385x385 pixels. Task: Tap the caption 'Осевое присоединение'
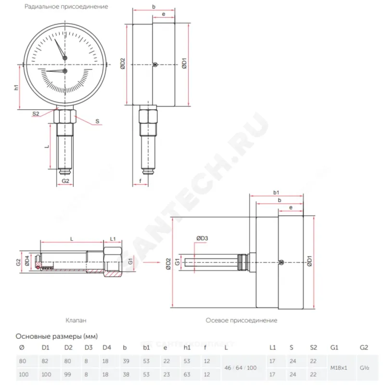tap(241, 320)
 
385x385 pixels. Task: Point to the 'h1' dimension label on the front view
tap(16, 87)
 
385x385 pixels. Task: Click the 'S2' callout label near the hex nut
tap(36, 114)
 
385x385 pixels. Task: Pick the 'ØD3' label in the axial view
tap(202, 238)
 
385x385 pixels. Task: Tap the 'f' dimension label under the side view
tap(140, 181)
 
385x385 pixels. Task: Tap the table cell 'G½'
tap(364, 367)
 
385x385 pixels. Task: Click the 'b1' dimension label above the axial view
tap(276, 192)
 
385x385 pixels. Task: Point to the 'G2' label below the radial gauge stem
tap(66, 181)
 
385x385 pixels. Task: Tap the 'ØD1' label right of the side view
tap(185, 64)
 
